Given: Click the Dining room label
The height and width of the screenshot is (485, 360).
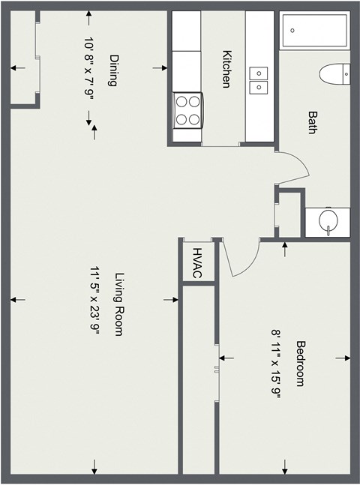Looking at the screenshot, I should click(114, 70).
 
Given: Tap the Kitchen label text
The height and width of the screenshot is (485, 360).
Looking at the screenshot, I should click(226, 69).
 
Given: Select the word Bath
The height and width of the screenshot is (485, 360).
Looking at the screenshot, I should click(311, 122).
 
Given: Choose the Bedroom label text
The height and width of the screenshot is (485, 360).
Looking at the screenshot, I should click(300, 364).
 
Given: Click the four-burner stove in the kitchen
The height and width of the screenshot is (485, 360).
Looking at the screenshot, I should click(188, 109).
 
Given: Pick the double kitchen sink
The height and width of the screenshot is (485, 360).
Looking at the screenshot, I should click(259, 80).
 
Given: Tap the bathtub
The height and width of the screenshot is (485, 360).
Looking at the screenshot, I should click(314, 31).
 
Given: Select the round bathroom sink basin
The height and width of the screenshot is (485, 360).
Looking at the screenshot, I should click(328, 221).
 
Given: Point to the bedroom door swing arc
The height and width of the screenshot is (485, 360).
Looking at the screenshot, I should click(244, 262).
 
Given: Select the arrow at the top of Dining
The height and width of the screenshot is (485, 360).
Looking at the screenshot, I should click(89, 16).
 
